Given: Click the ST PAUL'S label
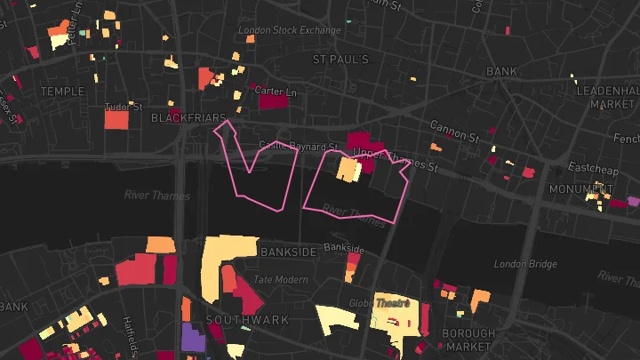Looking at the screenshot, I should click(x=340, y=60).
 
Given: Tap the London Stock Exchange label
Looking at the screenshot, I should click(x=289, y=30).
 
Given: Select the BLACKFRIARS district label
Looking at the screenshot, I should click(x=185, y=117).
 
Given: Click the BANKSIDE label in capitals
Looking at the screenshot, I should click(x=288, y=252).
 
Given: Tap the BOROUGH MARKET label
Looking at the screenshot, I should click(x=468, y=340).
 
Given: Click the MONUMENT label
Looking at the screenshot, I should click(x=574, y=189).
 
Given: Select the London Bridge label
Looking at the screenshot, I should click(x=525, y=264).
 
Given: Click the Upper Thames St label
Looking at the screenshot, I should click(x=396, y=160).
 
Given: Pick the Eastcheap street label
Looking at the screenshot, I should click(x=587, y=167).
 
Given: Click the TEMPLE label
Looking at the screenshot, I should click(x=62, y=91).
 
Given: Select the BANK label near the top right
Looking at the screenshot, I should click(x=501, y=71).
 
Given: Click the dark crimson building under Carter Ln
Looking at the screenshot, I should click(x=273, y=102).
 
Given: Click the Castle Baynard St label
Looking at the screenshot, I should click(x=299, y=146).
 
